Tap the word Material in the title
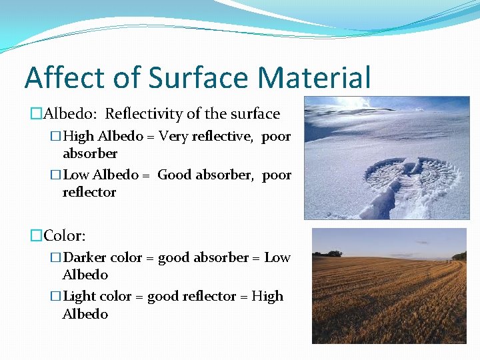click(x=314, y=77)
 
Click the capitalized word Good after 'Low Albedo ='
click(x=175, y=175)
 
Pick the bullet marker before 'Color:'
click(x=36, y=235)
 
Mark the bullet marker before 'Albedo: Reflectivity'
click(x=36, y=114)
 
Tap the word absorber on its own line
click(x=89, y=154)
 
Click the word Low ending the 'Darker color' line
click(x=277, y=257)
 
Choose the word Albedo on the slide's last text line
click(x=85, y=314)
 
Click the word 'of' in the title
click(x=125, y=77)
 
